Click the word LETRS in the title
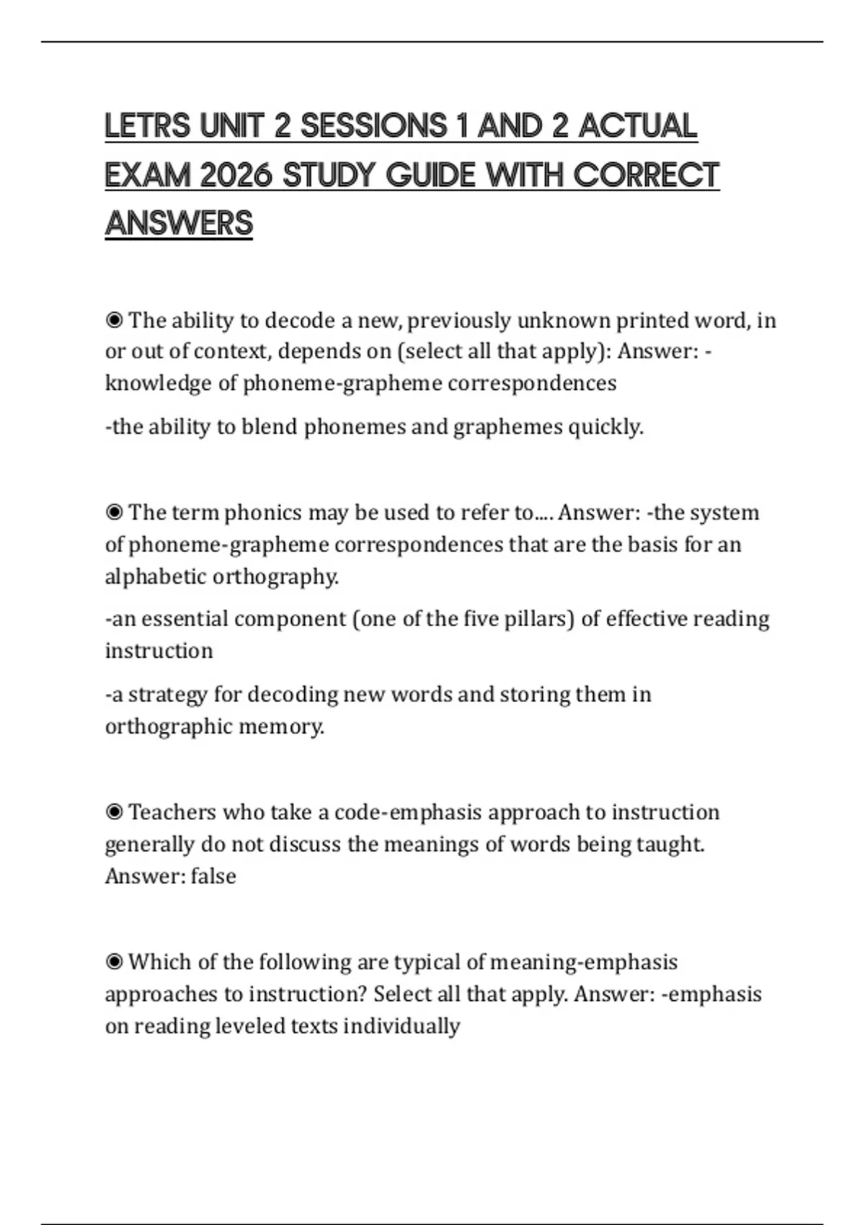[148, 126]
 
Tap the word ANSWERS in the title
[179, 223]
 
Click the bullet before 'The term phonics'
[114, 512]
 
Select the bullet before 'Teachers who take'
[114, 812]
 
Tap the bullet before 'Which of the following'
[114, 962]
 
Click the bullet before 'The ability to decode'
[114, 320]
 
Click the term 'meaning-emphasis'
[584, 962]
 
